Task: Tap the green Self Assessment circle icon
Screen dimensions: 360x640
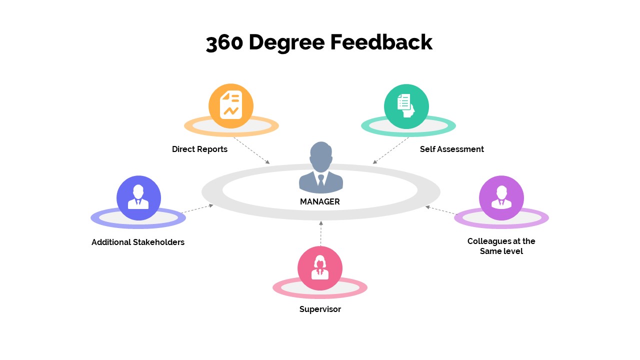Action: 406,106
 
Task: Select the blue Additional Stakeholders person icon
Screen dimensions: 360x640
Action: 138,197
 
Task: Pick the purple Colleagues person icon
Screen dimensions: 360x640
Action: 501,197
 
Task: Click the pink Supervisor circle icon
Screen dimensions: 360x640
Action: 320,268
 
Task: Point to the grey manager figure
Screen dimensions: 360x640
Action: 321,167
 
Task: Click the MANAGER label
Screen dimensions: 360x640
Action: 320,202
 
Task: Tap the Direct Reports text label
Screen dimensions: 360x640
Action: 199,149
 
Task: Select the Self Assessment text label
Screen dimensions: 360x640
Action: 451,149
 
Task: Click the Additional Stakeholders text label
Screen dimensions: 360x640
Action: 138,242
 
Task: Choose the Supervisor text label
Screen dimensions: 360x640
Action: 320,309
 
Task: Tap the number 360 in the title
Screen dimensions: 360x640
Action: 224,43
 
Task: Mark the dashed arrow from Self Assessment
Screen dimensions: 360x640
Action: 391,150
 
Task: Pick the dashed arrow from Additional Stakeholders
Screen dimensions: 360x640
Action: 198,208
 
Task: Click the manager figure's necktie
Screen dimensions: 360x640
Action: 321,179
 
